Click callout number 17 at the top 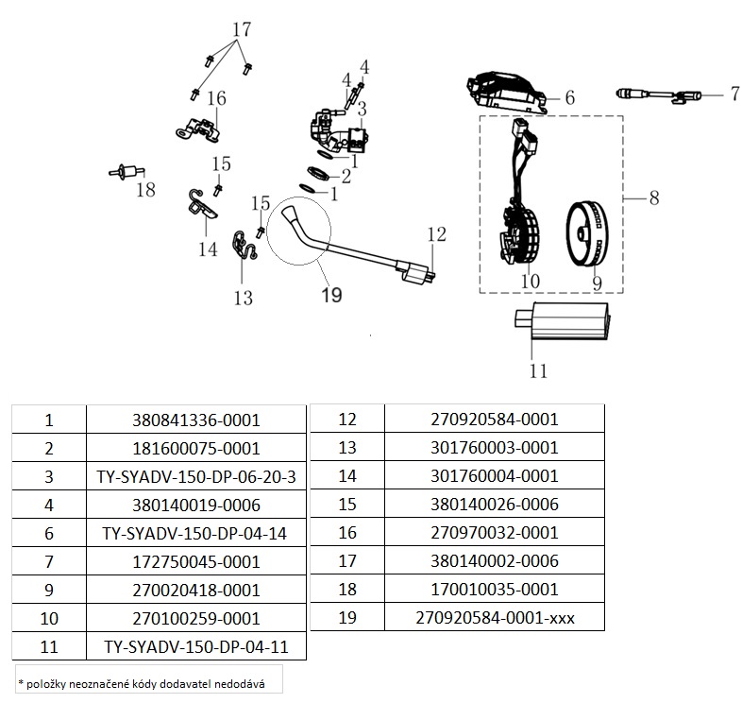pos(241,29)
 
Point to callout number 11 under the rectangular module pos(538,370)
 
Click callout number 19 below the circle pos(331,296)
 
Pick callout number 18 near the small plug pos(144,190)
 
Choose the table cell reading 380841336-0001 pos(196,420)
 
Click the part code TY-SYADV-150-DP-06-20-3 pos(196,477)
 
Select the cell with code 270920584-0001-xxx pos(495,619)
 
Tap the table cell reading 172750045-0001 pos(196,562)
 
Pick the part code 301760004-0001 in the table pos(495,476)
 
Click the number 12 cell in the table pos(347,419)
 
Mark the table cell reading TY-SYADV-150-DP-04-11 pos(196,647)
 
